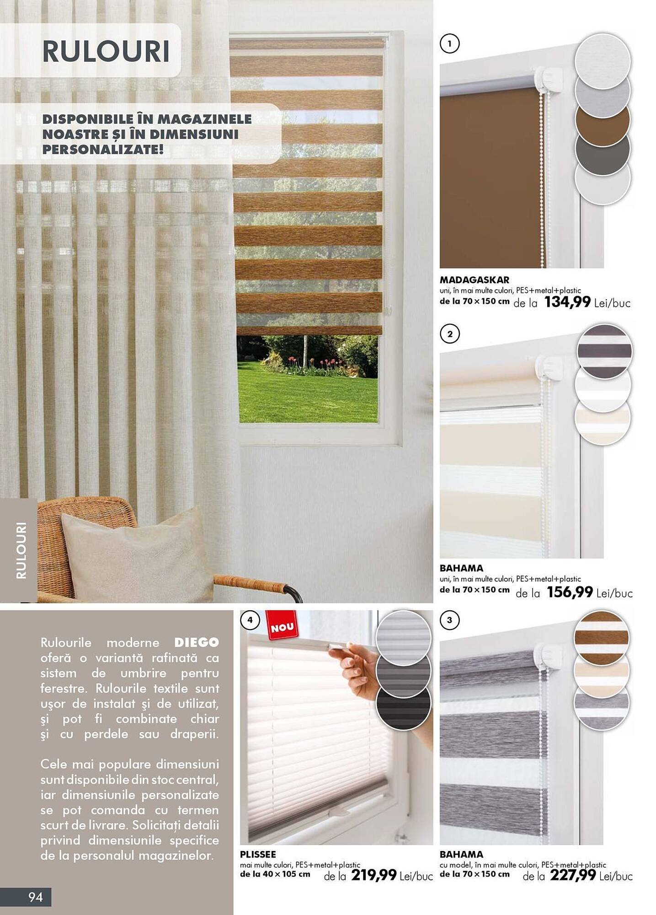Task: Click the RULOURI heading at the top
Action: [106, 51]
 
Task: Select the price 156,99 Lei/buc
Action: [590, 592]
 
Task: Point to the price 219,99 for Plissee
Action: [373, 875]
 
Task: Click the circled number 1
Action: [450, 44]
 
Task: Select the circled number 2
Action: [450, 334]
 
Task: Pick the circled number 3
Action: [450, 620]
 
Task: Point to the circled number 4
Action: [250, 620]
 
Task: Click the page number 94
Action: [36, 897]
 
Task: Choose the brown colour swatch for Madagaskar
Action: [602, 120]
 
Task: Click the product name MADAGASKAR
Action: [474, 280]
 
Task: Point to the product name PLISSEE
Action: [258, 854]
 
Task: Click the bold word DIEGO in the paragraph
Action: [197, 643]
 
